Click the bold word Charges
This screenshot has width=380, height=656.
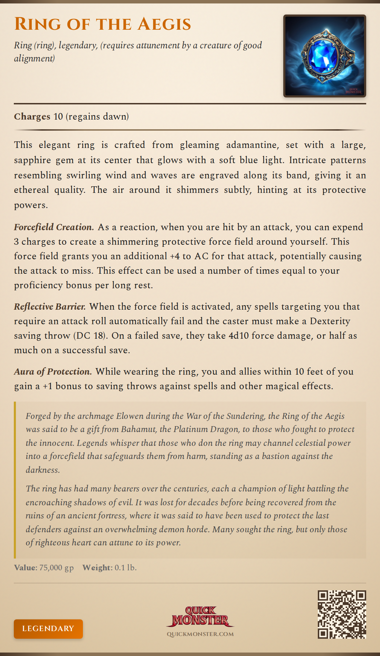(32, 116)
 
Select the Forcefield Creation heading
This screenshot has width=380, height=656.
(54, 227)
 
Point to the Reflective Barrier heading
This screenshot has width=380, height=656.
(50, 307)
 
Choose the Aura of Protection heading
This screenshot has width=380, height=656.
(53, 372)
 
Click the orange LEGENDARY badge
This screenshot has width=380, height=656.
(48, 629)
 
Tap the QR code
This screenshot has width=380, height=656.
(342, 614)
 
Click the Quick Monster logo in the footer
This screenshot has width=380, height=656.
(200, 616)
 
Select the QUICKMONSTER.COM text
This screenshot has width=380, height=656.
(200, 634)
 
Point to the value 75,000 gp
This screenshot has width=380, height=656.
(56, 568)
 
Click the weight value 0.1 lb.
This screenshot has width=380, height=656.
(126, 568)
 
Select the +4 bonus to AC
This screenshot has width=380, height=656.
(175, 256)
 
